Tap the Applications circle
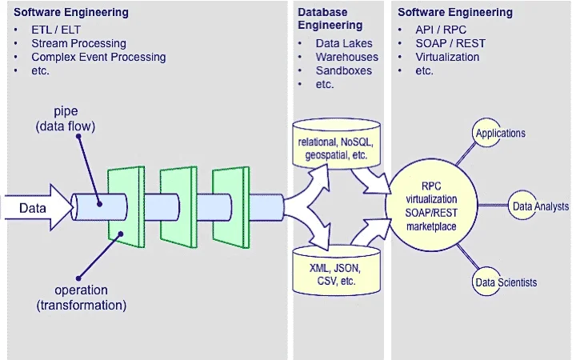[x=500, y=133]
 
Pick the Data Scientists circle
[x=506, y=282]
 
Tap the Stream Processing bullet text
[x=78, y=43]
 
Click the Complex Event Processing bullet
[x=98, y=57]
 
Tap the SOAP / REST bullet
[x=450, y=43]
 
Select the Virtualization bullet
[x=447, y=57]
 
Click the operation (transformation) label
[x=81, y=298]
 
